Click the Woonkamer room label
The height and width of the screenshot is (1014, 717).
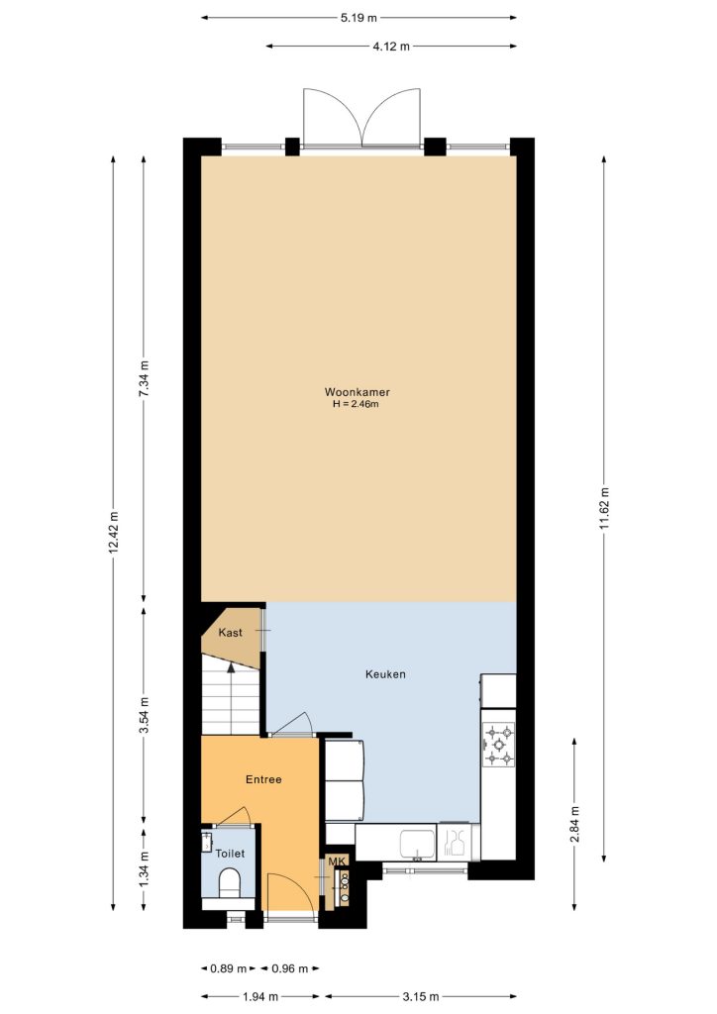[357, 392]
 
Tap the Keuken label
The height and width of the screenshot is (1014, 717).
[385, 673]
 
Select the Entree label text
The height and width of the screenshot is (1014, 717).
[263, 779]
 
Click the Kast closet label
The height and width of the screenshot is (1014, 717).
[230, 632]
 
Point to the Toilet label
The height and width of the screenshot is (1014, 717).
[230, 854]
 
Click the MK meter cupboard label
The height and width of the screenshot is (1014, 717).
[337, 862]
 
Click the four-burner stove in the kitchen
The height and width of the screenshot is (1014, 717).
[499, 745]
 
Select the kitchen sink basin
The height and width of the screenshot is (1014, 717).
[418, 844]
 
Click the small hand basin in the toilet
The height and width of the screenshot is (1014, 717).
[207, 842]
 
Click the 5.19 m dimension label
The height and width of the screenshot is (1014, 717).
[358, 18]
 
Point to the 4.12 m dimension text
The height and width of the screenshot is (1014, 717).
[391, 46]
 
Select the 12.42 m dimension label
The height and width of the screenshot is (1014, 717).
[114, 533]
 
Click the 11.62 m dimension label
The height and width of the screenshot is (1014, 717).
[604, 507]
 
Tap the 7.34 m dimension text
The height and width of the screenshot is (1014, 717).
[144, 378]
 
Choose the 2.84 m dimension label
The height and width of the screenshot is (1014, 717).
[574, 824]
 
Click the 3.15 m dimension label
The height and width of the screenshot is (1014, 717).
[422, 996]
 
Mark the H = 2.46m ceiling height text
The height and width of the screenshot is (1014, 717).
[355, 404]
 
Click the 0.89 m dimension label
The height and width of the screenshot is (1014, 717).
[228, 968]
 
